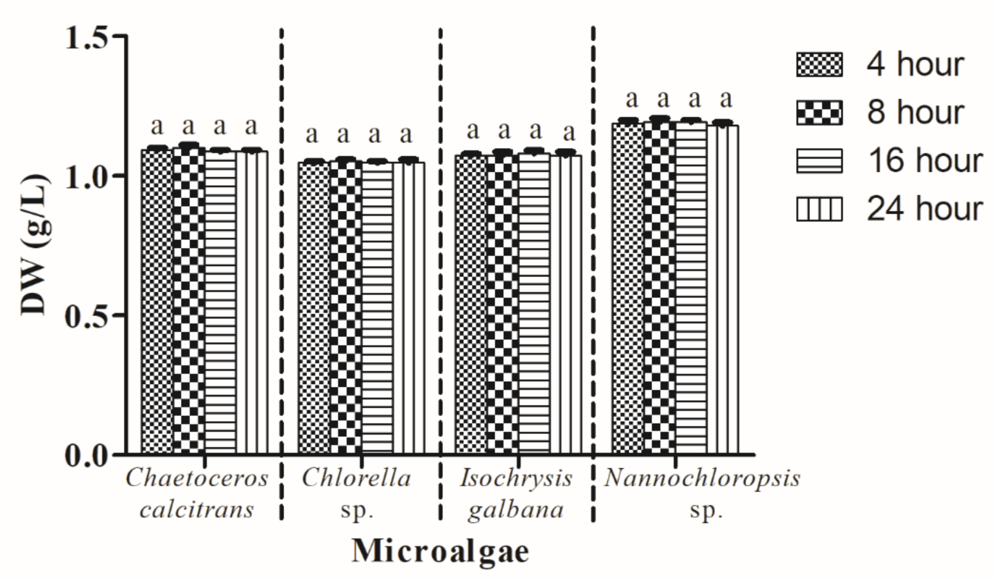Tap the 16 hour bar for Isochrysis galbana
[534, 304]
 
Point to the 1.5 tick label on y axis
[87, 37]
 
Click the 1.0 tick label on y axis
[87, 176]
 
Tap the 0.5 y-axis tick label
[87, 315]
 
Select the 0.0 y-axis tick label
[87, 455]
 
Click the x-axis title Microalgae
[441, 552]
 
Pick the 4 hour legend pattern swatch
[819, 65]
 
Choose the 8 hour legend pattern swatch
[819, 113]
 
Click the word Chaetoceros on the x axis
[197, 479]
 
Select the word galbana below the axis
[516, 510]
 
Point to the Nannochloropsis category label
[702, 479]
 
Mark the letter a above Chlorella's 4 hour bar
[312, 134]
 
